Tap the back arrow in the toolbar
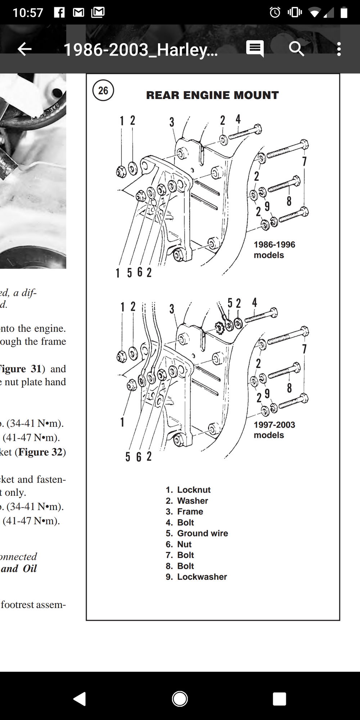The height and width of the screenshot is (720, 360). (24, 49)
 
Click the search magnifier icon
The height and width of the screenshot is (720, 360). (296, 49)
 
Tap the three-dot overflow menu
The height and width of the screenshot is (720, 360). (339, 49)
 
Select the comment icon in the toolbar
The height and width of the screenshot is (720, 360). (255, 48)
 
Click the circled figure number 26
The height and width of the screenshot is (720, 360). (103, 90)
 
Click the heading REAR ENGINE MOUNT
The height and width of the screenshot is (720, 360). (212, 95)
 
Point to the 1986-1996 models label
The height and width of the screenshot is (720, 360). (274, 249)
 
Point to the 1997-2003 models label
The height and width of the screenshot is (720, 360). (274, 429)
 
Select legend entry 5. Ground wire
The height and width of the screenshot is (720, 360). (197, 533)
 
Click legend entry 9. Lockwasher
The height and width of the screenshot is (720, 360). (196, 577)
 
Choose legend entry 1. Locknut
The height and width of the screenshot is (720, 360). (188, 490)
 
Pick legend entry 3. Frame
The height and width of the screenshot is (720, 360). (184, 512)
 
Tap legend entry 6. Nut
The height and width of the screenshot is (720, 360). (179, 544)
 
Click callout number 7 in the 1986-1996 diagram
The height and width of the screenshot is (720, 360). (304, 161)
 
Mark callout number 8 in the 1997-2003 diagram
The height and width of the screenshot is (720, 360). (289, 388)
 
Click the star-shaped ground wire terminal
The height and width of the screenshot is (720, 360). (219, 328)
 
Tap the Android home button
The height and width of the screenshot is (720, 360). (180, 699)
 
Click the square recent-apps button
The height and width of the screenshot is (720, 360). (279, 699)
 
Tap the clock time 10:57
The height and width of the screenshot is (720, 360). (28, 13)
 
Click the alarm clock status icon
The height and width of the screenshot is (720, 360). (275, 13)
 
